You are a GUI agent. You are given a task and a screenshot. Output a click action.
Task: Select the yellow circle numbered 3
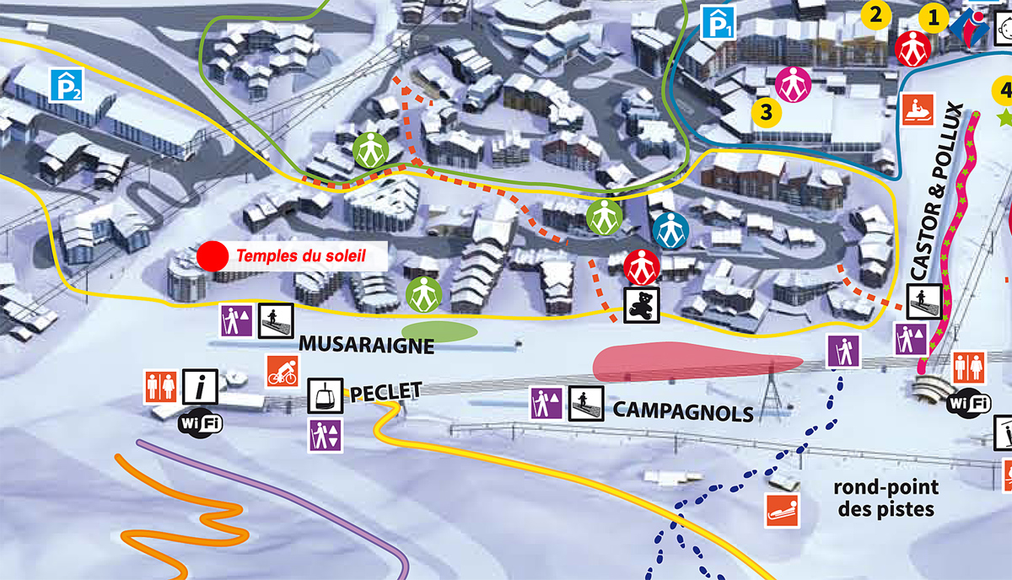(766, 111)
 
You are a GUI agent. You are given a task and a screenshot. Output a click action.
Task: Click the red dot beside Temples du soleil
(213, 255)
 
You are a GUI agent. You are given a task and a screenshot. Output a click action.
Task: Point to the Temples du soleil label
(301, 255)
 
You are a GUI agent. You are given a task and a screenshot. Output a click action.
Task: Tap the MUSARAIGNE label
(366, 344)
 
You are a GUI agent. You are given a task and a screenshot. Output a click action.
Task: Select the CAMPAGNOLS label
(683, 411)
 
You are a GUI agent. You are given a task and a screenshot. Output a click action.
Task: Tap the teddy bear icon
(640, 304)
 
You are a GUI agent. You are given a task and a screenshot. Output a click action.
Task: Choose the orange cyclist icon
(283, 370)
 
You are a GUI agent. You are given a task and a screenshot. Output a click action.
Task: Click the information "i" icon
(202, 387)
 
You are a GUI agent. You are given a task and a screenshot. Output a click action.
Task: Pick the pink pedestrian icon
(793, 83)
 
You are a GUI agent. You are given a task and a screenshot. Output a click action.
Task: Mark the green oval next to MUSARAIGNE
(439, 331)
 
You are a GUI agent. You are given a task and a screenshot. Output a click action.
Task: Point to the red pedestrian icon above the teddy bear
(641, 267)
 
